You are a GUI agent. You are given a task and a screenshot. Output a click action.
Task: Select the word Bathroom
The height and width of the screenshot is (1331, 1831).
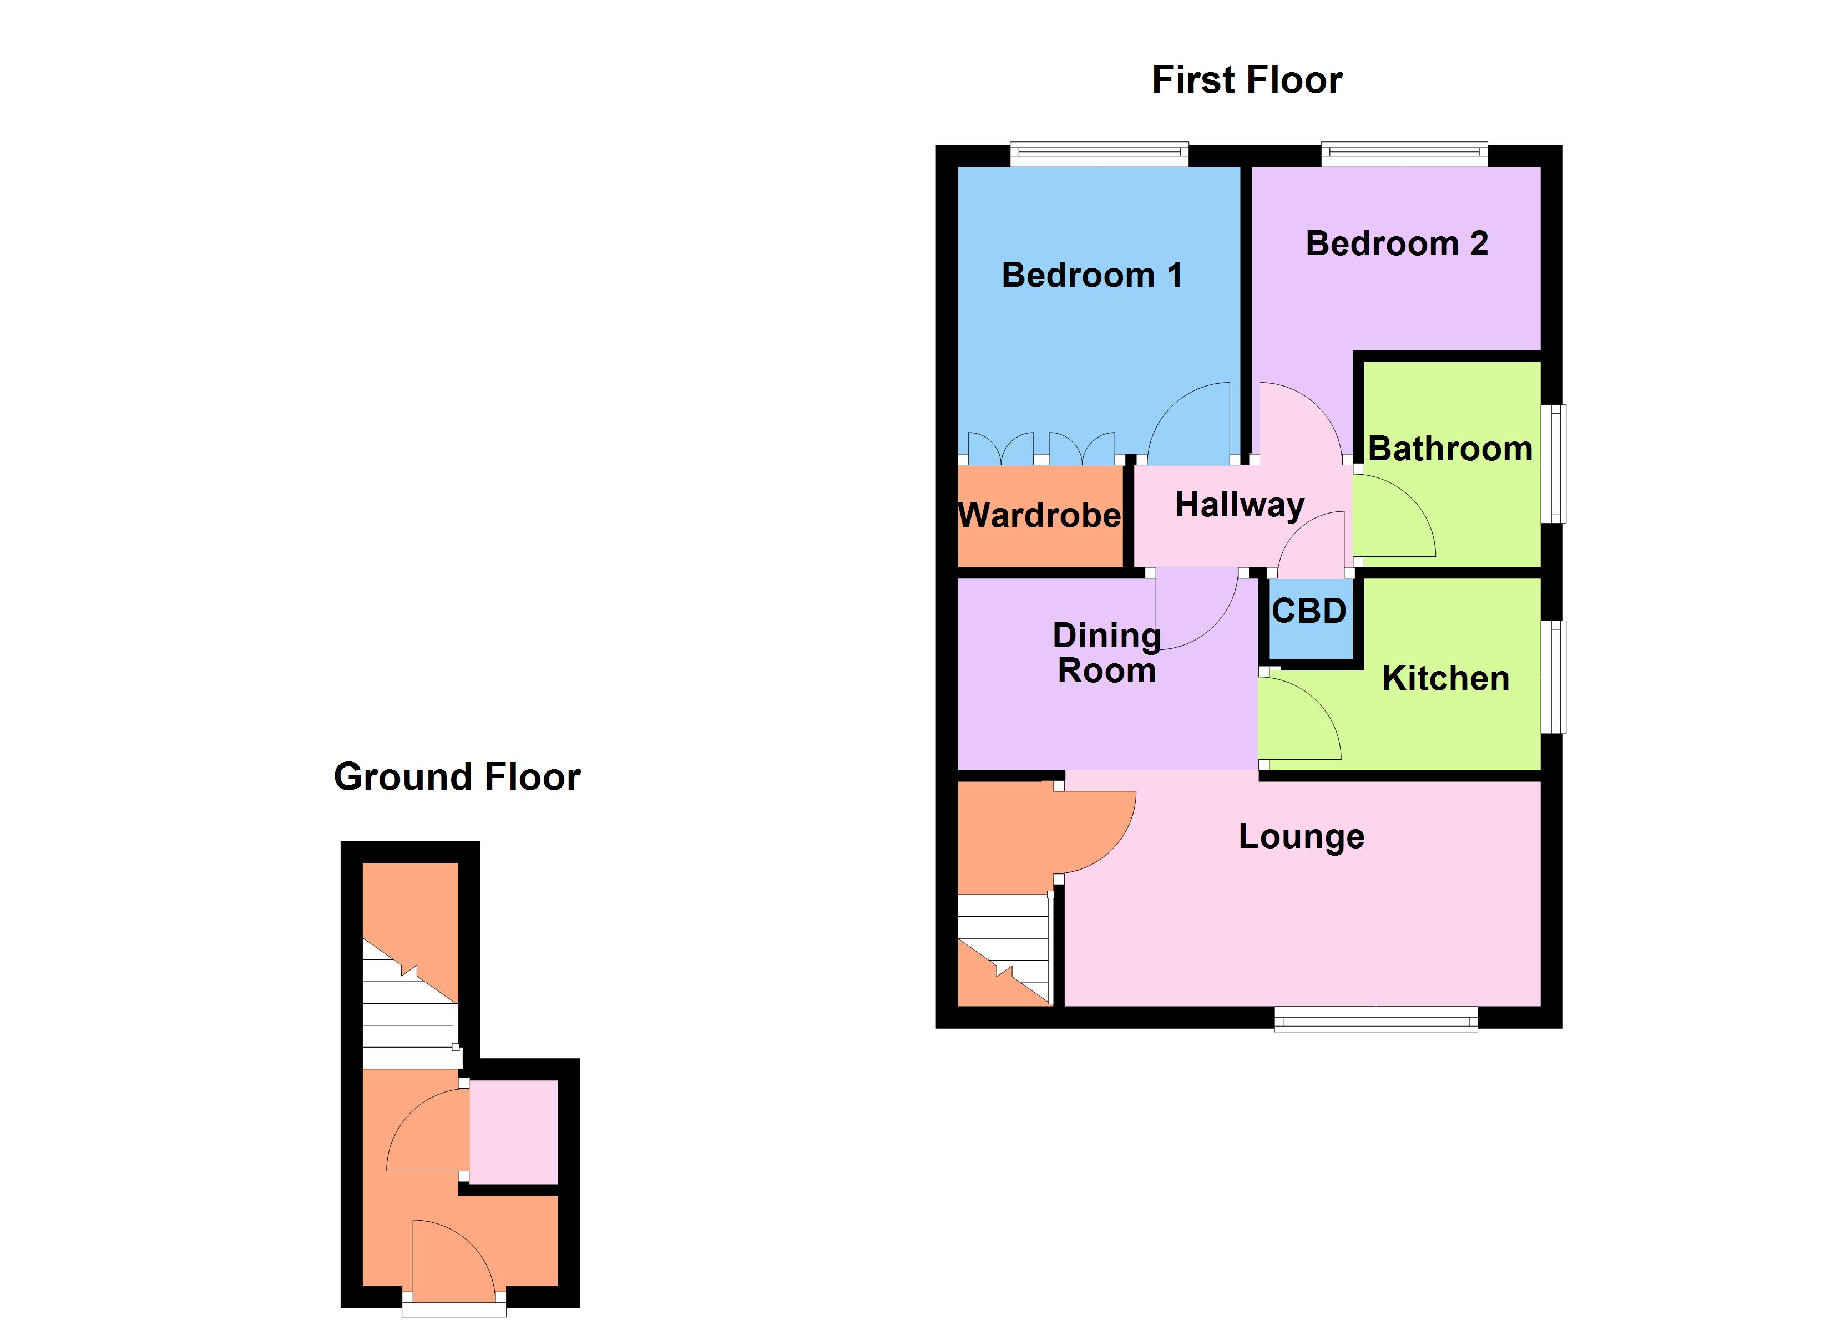pyautogui.click(x=1450, y=449)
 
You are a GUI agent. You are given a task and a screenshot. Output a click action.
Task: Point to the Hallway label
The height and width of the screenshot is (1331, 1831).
pyautogui.click(x=1239, y=505)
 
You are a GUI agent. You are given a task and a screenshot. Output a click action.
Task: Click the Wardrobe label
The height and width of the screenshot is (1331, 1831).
pyautogui.click(x=1039, y=515)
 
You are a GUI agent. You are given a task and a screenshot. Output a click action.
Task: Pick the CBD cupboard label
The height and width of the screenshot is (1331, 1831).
pyautogui.click(x=1309, y=611)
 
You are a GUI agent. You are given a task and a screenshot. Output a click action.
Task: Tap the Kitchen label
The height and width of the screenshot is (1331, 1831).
pyautogui.click(x=1445, y=678)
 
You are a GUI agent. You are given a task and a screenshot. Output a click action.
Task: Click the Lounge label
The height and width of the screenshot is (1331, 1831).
pyautogui.click(x=1302, y=836)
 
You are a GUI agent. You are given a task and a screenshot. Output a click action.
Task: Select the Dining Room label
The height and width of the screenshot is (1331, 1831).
pyautogui.click(x=1107, y=653)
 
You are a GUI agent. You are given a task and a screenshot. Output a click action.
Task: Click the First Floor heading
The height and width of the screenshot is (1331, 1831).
pyautogui.click(x=1247, y=80)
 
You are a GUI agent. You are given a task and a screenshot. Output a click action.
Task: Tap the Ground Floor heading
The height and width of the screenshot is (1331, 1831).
pyautogui.click(x=457, y=776)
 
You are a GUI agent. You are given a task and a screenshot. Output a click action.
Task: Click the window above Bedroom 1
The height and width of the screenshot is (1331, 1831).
pyautogui.click(x=1099, y=154)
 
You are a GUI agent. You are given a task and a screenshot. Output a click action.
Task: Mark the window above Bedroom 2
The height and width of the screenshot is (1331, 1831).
pyautogui.click(x=1403, y=154)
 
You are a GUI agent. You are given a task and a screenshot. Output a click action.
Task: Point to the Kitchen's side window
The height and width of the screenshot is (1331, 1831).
pyautogui.click(x=1553, y=677)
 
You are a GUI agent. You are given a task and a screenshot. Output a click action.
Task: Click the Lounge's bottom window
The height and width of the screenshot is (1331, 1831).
pyautogui.click(x=1375, y=1019)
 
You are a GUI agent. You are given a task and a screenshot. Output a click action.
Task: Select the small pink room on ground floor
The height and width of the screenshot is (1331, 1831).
pyautogui.click(x=513, y=1132)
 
